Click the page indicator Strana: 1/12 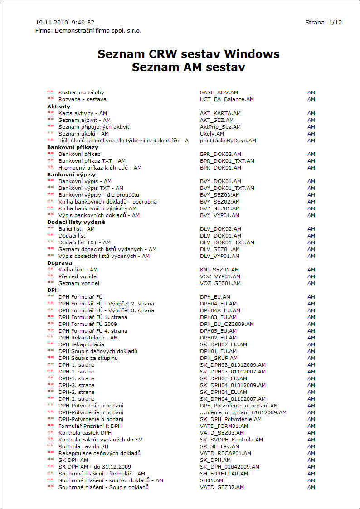[323, 22]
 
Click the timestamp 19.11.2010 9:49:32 [65, 22]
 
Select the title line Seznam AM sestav [188, 68]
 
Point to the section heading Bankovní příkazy [73, 147]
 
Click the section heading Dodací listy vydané [76, 222]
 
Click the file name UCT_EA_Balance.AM [227, 99]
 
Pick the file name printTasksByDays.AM [228, 141]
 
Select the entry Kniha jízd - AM [78, 270]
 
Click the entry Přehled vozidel [78, 276]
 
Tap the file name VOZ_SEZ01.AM [220, 283]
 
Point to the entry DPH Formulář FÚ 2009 [88, 324]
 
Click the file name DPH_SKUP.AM [219, 358]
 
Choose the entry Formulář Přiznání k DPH [90, 426]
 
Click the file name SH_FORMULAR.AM [224, 474]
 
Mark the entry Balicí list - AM [77, 229]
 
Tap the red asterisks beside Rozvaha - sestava [50, 99]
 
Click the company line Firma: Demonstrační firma [91, 31]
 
